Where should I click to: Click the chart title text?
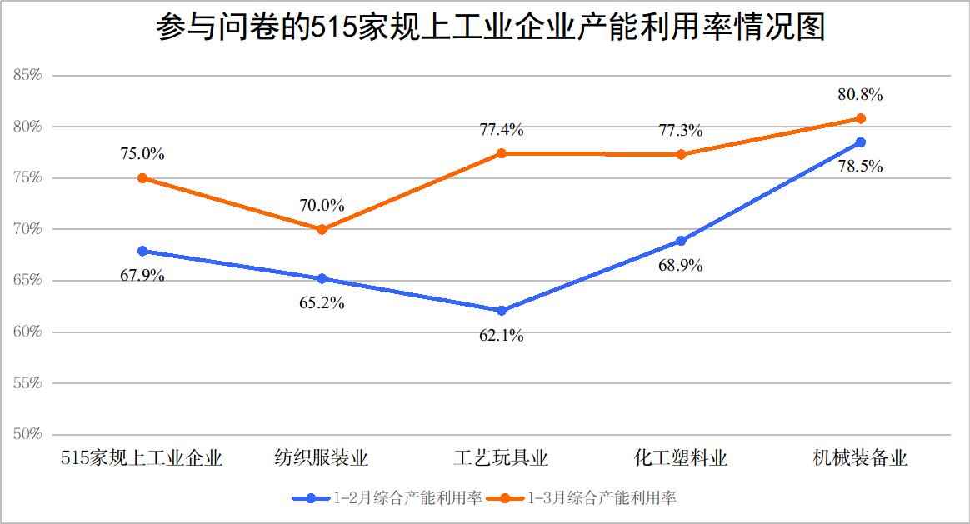click(x=490, y=27)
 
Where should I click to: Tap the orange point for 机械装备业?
click(x=861, y=118)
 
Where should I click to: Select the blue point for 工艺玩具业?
click(x=502, y=311)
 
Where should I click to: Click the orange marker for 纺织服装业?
click(x=322, y=229)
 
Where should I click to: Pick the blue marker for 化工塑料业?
click(x=681, y=241)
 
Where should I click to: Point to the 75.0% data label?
click(x=142, y=154)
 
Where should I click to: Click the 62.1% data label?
click(x=502, y=337)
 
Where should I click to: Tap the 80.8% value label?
click(x=861, y=94)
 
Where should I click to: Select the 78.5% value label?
click(x=861, y=166)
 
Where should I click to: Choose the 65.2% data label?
click(x=322, y=303)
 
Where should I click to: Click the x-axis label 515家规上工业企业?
click(x=142, y=458)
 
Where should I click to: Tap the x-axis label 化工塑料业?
click(x=681, y=458)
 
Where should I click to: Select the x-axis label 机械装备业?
click(x=861, y=458)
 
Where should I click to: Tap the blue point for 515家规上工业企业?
click(x=142, y=251)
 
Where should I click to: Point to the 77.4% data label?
click(x=502, y=130)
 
